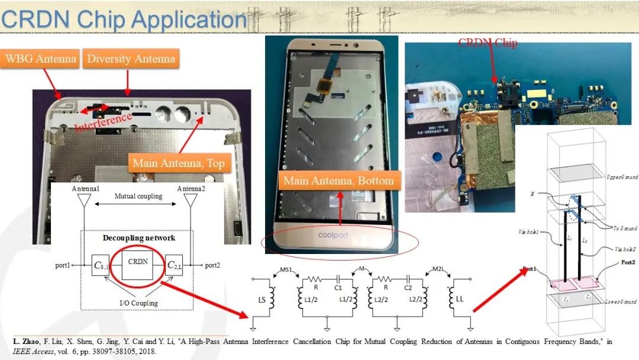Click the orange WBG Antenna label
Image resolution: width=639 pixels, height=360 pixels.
coord(41,59)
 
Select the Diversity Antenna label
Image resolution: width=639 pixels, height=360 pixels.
coord(131,59)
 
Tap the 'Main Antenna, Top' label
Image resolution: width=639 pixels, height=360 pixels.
coord(179,163)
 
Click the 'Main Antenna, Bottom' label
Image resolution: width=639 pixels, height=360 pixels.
coord(338,180)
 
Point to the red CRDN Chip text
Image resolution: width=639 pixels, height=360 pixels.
coord(488,43)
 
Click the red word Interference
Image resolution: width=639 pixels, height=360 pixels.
coord(104,123)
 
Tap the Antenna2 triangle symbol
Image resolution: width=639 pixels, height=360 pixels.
coord(191,200)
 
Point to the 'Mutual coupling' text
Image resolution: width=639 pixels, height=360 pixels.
coord(138,196)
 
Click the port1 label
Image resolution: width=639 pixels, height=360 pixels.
coord(62,265)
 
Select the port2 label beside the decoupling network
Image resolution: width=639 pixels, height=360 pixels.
coord(212,265)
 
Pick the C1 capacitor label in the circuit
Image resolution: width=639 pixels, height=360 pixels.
coord(338,288)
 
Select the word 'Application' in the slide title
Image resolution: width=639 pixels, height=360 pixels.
coord(189,20)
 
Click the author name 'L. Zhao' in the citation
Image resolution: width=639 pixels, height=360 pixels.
coord(26,342)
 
